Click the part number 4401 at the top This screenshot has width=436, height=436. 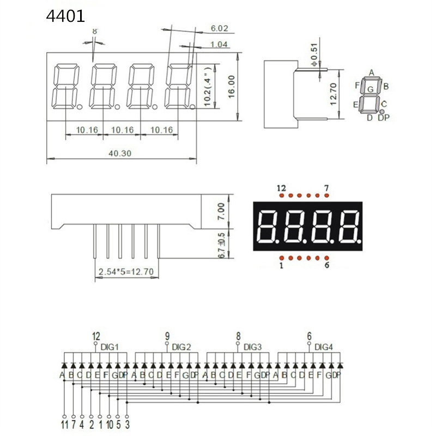coord(65,16)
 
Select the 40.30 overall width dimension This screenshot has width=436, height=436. coord(120,154)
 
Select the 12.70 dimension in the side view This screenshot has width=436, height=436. coord(334,94)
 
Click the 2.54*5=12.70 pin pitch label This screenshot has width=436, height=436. coord(127,271)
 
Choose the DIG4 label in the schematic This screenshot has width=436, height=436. coord(323,347)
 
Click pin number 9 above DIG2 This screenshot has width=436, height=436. coord(167,336)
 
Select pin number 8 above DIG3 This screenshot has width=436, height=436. coord(238,336)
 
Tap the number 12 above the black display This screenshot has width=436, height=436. coord(281,189)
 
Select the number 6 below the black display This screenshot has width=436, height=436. coord(326,266)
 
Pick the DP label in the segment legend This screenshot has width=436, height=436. coord(386,117)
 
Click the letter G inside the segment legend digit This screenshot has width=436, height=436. coord(371,89)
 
